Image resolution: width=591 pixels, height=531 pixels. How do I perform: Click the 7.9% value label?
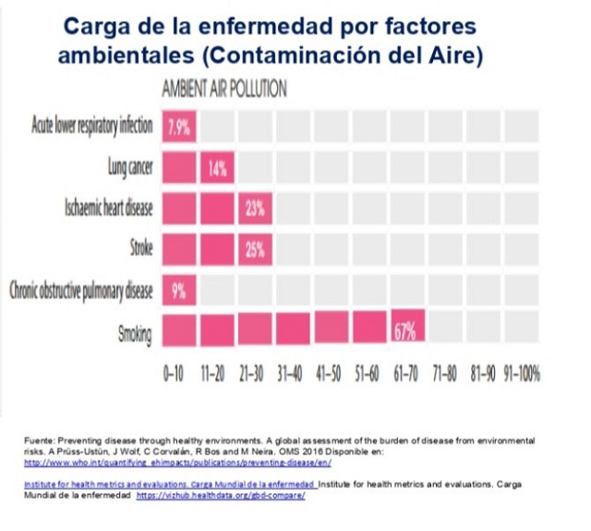click(x=179, y=127)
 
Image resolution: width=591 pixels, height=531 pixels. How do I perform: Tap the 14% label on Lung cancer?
click(x=217, y=169)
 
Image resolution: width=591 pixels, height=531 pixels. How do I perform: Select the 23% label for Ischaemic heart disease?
click(x=256, y=209)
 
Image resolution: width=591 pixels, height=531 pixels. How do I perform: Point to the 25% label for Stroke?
click(x=256, y=248)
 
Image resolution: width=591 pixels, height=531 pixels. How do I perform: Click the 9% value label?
click(x=179, y=290)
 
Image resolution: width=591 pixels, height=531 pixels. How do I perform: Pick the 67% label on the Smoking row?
click(x=407, y=331)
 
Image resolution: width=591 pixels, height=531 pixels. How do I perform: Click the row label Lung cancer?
click(x=129, y=168)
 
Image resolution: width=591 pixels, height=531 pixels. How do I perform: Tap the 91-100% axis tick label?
click(x=522, y=375)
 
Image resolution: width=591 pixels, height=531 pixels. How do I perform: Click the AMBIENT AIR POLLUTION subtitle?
click(x=223, y=90)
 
